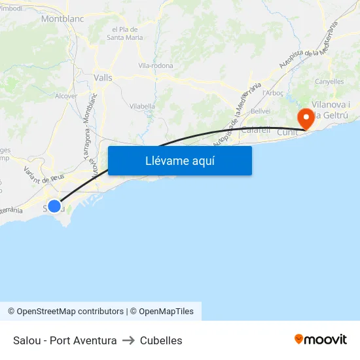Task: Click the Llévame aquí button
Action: pos(179,160)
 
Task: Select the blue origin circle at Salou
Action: pos(54,206)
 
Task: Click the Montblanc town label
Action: pos(62,19)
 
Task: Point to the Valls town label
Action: pos(103,77)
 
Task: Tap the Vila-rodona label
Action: pos(156,65)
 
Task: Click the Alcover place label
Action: pos(66,96)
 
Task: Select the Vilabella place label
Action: pos(142,105)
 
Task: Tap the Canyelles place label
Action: pos(329,82)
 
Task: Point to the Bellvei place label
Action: pos(261,111)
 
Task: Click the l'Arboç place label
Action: pos(272,93)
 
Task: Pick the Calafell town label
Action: pos(256,130)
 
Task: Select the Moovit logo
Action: pos(321,339)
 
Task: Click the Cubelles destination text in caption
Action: pos(160,340)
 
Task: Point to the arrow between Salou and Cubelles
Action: pos(128,340)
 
